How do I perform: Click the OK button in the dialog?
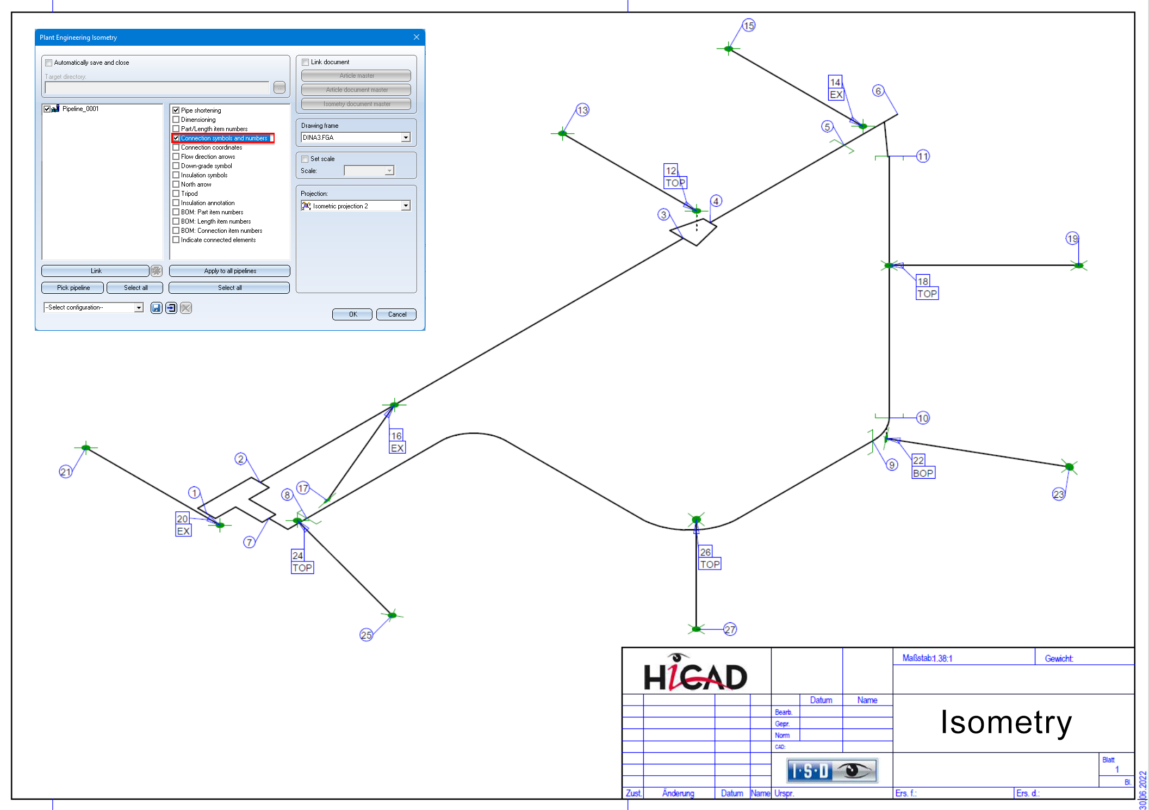(352, 314)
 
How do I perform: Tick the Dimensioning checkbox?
(176, 120)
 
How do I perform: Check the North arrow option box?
(176, 184)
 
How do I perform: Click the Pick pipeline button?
(73, 288)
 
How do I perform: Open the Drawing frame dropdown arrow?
(406, 138)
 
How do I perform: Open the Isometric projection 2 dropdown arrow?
(406, 206)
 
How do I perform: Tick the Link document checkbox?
(306, 63)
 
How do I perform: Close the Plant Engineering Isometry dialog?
(417, 37)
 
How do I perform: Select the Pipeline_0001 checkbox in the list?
(47, 109)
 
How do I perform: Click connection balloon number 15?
(749, 26)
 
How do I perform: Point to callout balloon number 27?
(730, 629)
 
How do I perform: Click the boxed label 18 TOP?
(927, 287)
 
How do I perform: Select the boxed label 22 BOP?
(923, 467)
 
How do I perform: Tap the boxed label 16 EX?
(397, 442)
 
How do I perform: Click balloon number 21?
(65, 472)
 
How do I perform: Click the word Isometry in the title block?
(1006, 722)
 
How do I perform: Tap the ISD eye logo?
(832, 771)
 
